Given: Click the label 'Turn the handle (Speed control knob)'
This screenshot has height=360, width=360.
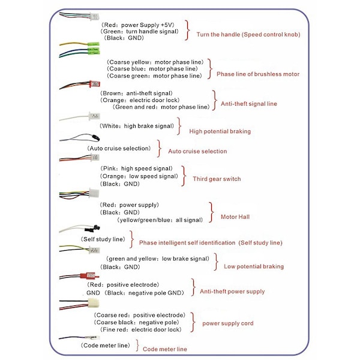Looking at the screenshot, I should [x=248, y=34].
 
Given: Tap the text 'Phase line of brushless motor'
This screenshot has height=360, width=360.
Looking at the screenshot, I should [x=257, y=74].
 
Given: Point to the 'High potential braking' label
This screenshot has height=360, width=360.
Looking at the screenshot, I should [x=220, y=131].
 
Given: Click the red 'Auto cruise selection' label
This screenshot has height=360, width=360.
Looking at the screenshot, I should [x=197, y=151].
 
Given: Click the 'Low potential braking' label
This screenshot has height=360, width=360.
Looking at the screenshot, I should [x=254, y=266].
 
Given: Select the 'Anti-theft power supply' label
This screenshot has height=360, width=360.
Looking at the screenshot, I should [x=232, y=292].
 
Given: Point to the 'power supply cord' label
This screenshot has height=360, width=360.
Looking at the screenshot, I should [x=227, y=323].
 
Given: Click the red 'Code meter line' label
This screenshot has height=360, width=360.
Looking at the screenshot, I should [x=165, y=349].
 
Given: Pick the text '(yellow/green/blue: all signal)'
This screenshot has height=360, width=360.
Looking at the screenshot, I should [x=160, y=220].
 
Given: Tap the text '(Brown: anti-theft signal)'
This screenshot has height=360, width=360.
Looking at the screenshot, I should [x=136, y=93].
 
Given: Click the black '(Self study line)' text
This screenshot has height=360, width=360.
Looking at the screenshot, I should [x=103, y=239].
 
